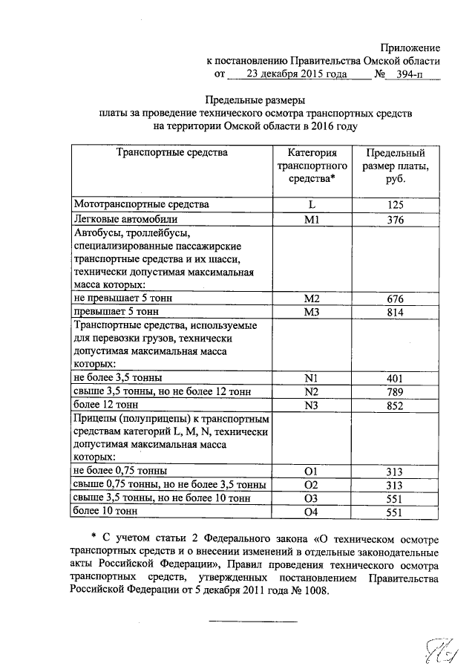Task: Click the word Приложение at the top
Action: (409, 47)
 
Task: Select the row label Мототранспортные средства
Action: (141, 203)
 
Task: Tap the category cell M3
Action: (311, 312)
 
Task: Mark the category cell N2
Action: (311, 391)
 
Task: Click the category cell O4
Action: (311, 512)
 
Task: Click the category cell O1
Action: (311, 471)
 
